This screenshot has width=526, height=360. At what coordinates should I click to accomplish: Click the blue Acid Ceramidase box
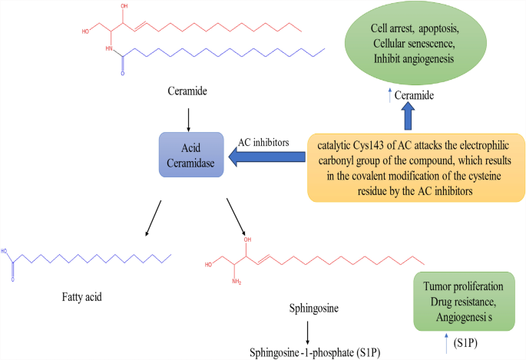click(x=191, y=154)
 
